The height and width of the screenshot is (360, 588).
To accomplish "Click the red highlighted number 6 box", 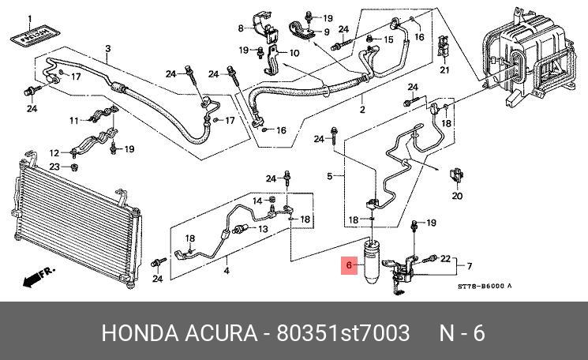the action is (348, 267).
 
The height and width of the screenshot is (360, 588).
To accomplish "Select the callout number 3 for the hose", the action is (107, 49).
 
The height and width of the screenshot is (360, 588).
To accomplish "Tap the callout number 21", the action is (444, 71).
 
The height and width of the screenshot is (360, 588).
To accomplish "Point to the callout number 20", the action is (456, 197).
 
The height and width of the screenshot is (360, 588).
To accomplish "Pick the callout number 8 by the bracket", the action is (242, 29).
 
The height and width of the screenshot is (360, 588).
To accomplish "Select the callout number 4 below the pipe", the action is (227, 272).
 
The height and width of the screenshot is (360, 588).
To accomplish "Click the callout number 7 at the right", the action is (469, 265).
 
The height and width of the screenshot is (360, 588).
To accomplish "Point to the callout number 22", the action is (444, 258).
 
